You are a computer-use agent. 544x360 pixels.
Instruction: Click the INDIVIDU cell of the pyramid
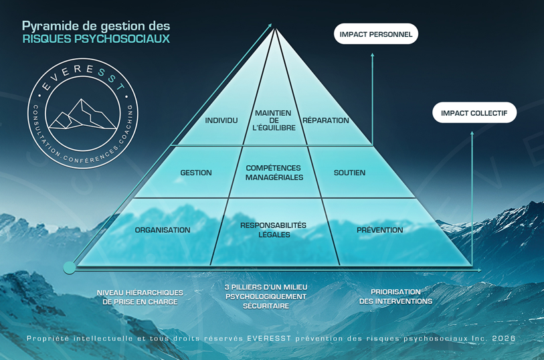pos(221,120)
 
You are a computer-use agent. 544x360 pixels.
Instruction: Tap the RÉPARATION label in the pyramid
pos(326,120)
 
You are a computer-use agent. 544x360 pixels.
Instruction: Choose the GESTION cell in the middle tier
pos(196,173)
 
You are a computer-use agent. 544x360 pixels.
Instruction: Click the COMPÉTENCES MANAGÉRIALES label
pos(274,173)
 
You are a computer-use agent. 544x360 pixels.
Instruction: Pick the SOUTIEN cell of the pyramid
pos(349,173)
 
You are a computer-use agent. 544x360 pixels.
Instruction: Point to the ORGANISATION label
pos(163,230)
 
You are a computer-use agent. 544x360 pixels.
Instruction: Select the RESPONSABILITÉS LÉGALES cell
pos(273,230)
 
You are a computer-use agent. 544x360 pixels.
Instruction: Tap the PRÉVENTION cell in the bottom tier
pos(379,230)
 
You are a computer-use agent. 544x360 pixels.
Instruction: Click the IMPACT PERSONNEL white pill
pos(375,34)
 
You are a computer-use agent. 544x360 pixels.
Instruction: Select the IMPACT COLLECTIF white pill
pos(474,113)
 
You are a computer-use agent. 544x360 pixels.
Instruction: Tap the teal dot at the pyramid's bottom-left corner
pos(70,268)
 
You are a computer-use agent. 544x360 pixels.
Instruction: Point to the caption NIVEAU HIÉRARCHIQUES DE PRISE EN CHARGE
pos(141,297)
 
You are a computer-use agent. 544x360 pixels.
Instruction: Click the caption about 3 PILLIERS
pos(266,296)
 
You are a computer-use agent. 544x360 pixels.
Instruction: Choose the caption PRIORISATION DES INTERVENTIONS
pos(395,296)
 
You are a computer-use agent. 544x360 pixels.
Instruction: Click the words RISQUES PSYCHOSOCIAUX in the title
pos(96,39)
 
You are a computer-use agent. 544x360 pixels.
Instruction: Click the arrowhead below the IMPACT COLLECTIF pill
pos(473,132)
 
